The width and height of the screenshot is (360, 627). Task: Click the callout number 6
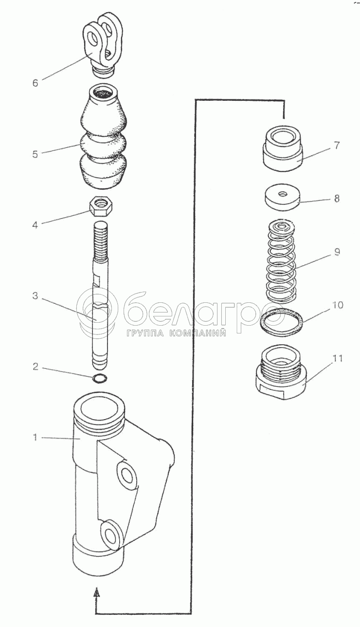[x=35, y=83]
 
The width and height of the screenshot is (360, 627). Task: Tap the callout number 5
[x=35, y=154]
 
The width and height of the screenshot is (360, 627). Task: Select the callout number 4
[x=35, y=225]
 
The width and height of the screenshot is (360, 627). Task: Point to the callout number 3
[x=35, y=295]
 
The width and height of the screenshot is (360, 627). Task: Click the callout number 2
[x=35, y=367]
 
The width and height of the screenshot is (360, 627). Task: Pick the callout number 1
[x=35, y=437]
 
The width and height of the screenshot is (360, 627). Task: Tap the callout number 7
[x=337, y=146]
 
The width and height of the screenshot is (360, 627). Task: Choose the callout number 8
[x=337, y=199]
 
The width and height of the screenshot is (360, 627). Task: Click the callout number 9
[x=337, y=252]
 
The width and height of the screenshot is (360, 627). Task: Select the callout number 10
[x=338, y=305]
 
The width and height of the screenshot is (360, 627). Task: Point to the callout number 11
[x=337, y=358]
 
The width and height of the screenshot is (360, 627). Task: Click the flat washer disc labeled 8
[x=283, y=197]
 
